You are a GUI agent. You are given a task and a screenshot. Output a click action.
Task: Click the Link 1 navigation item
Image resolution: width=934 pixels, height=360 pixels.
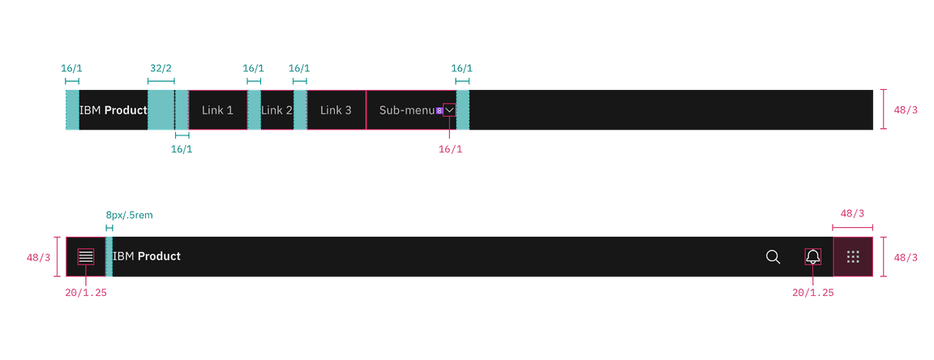pyautogui.click(x=217, y=110)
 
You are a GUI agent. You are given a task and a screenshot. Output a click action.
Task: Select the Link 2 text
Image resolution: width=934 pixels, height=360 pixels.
pyautogui.click(x=276, y=110)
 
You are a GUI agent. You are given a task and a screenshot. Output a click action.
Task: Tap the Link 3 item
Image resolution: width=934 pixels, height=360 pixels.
pyautogui.click(x=336, y=110)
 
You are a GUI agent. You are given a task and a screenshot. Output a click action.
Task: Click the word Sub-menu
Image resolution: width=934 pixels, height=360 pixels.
pyautogui.click(x=407, y=110)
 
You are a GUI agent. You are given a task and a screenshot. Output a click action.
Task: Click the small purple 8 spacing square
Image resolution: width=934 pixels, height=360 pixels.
pyautogui.click(x=439, y=110)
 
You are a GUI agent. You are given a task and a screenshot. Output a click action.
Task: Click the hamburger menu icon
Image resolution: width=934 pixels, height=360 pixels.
pyautogui.click(x=86, y=256)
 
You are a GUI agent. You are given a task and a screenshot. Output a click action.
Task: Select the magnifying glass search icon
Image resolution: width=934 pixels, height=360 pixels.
pyautogui.click(x=773, y=257)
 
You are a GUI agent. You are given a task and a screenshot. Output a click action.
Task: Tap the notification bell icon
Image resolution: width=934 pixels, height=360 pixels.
pyautogui.click(x=813, y=257)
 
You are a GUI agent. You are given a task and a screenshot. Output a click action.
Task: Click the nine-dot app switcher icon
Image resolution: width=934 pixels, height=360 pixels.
pyautogui.click(x=853, y=257)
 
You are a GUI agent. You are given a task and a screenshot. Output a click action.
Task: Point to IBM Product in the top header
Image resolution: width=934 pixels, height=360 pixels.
pyautogui.click(x=114, y=110)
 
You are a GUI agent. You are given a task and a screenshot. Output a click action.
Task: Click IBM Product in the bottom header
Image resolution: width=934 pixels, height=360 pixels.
pyautogui.click(x=147, y=256)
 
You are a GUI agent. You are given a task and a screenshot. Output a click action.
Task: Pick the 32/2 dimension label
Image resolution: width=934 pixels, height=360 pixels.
pyautogui.click(x=161, y=69)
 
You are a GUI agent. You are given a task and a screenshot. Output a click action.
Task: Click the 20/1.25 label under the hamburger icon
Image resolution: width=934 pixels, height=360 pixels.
pyautogui.click(x=87, y=292)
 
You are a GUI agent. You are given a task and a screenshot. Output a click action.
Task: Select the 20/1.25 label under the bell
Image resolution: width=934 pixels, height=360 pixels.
pyautogui.click(x=813, y=292)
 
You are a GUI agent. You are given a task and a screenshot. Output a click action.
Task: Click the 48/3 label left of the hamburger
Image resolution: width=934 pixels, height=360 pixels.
pyautogui.click(x=38, y=258)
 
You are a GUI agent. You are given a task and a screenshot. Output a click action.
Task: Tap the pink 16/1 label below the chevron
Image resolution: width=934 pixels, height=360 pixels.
pyautogui.click(x=449, y=149)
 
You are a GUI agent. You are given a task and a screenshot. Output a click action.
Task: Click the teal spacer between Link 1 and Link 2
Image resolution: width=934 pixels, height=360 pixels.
pyautogui.click(x=255, y=110)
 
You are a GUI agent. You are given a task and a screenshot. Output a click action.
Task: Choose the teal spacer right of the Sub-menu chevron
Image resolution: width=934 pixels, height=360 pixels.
pyautogui.click(x=463, y=110)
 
